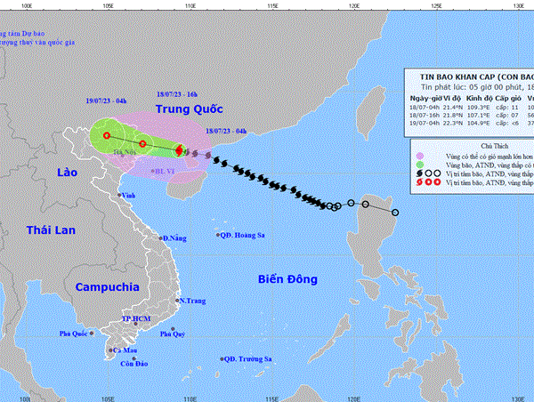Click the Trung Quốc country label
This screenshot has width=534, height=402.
[190, 109]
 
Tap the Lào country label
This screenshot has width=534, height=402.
[68, 171]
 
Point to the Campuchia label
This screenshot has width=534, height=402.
[107, 287]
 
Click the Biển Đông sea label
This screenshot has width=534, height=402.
[287, 279]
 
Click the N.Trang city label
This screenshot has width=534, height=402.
[192, 301]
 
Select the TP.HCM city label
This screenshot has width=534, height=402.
[137, 318]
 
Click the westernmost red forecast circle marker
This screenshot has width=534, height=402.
[107, 136]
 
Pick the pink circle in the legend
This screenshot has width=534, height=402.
[417, 155]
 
